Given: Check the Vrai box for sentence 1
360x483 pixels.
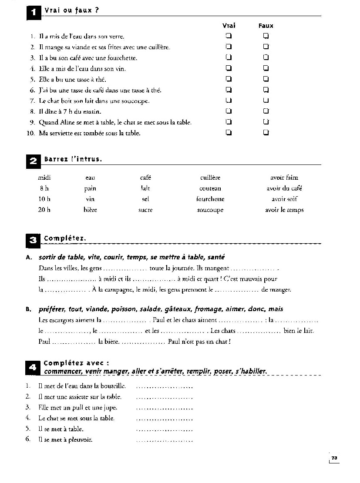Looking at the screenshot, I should (228, 36).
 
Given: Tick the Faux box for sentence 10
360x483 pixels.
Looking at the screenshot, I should (266, 133).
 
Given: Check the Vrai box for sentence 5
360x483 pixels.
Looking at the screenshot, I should (228, 79).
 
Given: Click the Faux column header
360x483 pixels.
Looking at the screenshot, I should (266, 26).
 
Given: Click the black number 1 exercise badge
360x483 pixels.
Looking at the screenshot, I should (34, 12).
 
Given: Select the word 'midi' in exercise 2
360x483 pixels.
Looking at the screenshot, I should (44, 178).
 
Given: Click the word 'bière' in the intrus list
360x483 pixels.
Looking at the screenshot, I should (90, 210).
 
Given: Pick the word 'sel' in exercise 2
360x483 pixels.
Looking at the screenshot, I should (145, 199).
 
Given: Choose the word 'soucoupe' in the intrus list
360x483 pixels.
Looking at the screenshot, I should (210, 210).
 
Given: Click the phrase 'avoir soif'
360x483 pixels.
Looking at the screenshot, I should (284, 199).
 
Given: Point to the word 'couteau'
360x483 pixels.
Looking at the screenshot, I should (210, 188).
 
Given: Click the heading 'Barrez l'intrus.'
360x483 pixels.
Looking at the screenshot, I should (73, 159).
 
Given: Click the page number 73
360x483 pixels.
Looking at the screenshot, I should (334, 458).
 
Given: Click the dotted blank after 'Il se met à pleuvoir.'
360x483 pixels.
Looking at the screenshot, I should (164, 440).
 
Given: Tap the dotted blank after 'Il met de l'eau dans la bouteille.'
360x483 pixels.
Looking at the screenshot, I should (164, 386).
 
